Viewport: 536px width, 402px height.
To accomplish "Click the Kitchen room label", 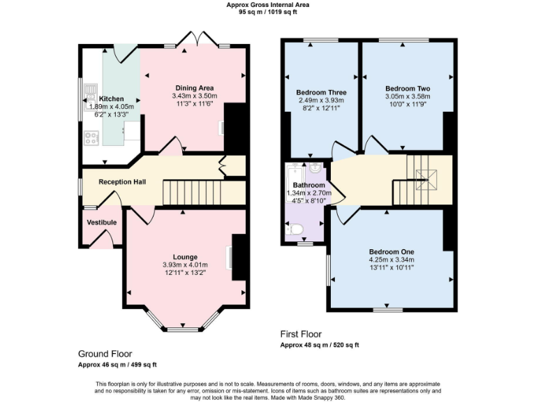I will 112,98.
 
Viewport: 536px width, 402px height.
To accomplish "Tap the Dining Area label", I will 195,87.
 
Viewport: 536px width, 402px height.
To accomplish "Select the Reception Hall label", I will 122,181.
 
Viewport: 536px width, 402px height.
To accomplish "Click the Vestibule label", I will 102,223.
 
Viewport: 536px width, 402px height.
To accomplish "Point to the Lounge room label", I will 185,256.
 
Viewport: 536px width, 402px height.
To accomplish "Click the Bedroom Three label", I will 321,92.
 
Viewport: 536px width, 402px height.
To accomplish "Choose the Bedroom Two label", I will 408,89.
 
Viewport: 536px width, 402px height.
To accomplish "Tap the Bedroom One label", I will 392,251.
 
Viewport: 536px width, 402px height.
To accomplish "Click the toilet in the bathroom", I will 295,229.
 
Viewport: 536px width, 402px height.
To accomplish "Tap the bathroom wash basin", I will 315,167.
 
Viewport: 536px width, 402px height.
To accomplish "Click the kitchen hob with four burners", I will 91,137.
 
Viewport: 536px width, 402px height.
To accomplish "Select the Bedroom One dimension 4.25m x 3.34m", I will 392,260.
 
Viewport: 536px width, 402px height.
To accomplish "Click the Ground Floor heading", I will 105,354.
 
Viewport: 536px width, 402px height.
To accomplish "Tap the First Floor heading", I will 301,334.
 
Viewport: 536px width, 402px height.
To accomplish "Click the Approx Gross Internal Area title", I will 268,5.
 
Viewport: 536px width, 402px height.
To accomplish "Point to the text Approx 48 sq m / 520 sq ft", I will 319,345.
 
